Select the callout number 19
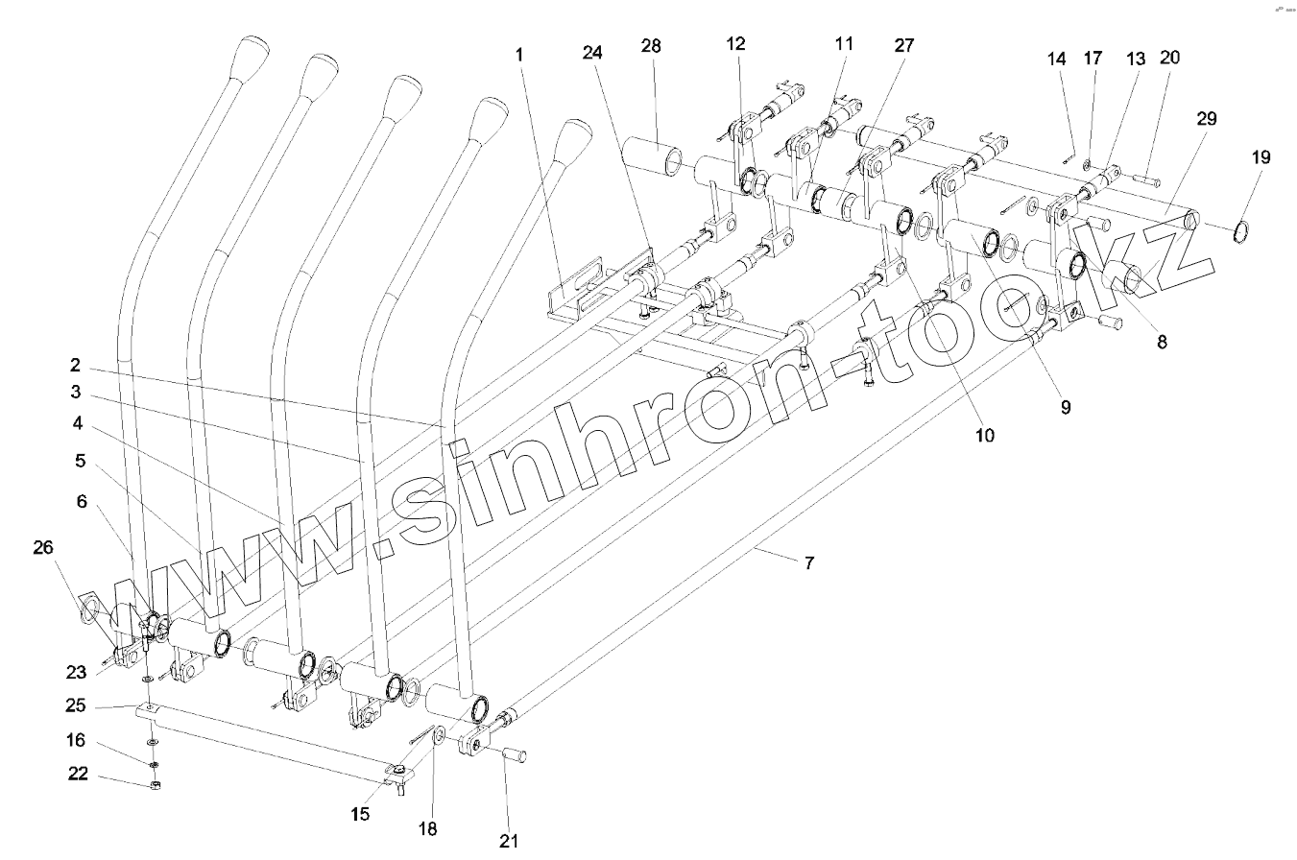(1261, 157)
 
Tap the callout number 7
(808, 563)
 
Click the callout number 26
(42, 547)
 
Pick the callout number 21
(509, 841)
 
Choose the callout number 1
(519, 55)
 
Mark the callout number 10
(984, 435)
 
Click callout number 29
(1206, 119)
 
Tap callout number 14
(1057, 59)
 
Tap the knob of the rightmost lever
(576, 137)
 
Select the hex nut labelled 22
(156, 785)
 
